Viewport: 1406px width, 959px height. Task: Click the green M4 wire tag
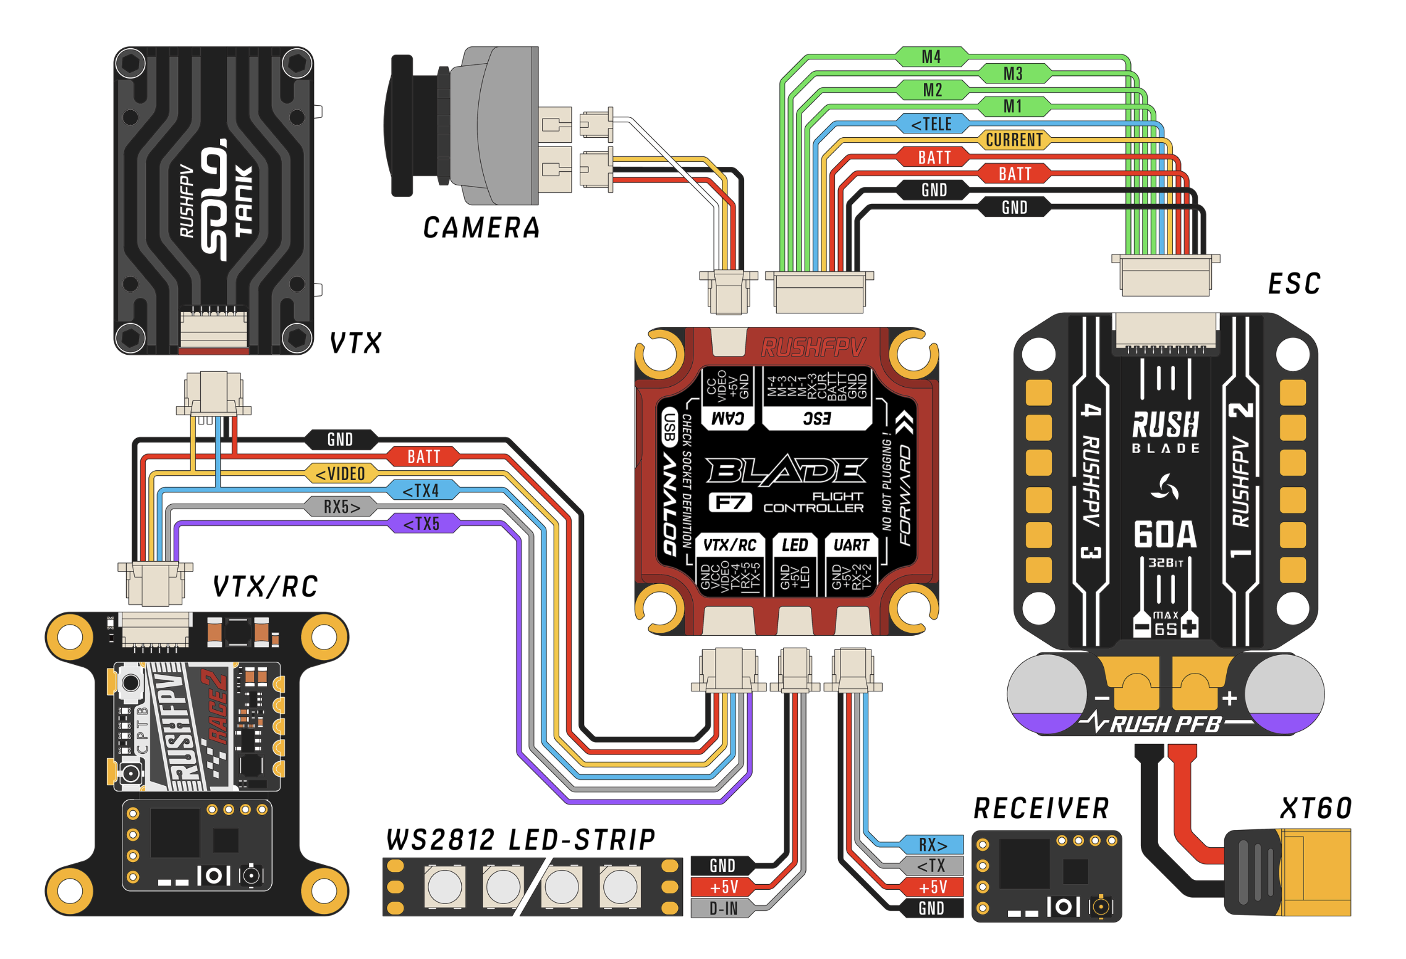pyautogui.click(x=931, y=57)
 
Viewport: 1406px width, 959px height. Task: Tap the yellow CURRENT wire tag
pyautogui.click(x=1014, y=140)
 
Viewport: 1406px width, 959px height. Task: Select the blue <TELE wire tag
pyautogui.click(x=932, y=124)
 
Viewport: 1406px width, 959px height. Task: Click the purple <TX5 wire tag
pyautogui.click(x=423, y=524)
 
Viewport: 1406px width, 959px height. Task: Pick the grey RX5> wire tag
pyautogui.click(x=341, y=507)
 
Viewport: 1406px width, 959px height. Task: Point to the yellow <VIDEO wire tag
pyautogui.click(x=341, y=474)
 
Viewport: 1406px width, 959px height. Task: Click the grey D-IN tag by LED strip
pyautogui.click(x=722, y=909)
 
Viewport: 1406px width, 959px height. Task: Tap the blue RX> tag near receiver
pyautogui.click(x=932, y=845)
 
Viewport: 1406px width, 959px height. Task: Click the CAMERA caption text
pyautogui.click(x=481, y=228)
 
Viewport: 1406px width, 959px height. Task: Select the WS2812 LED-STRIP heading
pyautogui.click(x=520, y=840)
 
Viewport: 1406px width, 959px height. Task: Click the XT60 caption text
pyautogui.click(x=1316, y=808)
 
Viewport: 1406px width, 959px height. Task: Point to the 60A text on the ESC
pyautogui.click(x=1165, y=534)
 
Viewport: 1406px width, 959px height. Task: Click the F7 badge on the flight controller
pyautogui.click(x=730, y=502)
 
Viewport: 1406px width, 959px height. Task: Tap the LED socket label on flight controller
pyautogui.click(x=795, y=545)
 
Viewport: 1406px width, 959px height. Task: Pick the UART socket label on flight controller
pyautogui.click(x=851, y=545)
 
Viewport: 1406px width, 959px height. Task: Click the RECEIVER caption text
pyautogui.click(x=1041, y=808)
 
